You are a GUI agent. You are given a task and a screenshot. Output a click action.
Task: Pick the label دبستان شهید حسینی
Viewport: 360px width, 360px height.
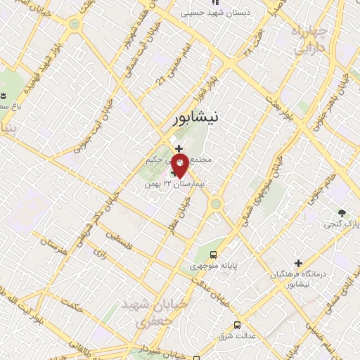210,13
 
